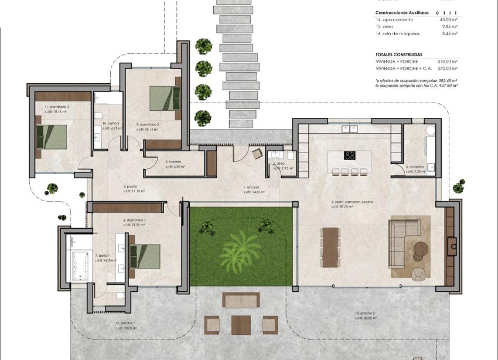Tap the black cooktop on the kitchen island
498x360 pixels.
tap(350, 155)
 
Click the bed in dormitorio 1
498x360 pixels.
tap(144, 256)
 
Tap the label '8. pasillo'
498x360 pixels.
tap(130, 186)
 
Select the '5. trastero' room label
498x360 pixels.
tap(173, 162)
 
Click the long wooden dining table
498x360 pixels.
tap(330, 246)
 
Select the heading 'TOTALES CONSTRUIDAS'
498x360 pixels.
tap(399, 54)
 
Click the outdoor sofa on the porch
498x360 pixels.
tap(240, 300)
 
